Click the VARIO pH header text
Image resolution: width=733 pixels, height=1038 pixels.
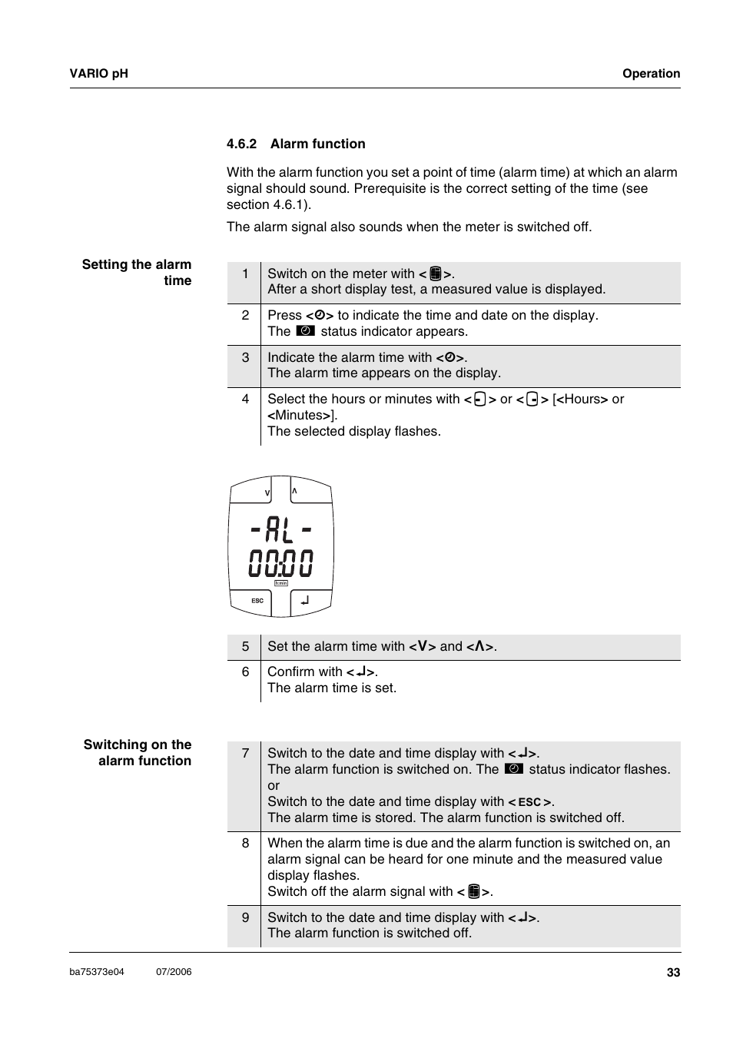98,74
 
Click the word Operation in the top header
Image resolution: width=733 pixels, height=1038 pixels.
651,74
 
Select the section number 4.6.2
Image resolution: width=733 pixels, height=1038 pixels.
241,144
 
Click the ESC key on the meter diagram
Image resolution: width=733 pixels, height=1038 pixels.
258,601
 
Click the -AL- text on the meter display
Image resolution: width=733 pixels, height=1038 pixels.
281,529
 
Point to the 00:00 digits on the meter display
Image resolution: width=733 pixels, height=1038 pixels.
281,563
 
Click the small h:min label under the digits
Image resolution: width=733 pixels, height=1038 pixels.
281,583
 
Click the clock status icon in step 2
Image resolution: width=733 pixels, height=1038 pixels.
305,331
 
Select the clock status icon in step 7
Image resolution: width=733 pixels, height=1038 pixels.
514,769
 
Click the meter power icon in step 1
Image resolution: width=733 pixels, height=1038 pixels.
436,274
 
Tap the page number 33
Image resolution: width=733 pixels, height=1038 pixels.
673,973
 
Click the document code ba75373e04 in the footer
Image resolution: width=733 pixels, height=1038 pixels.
97,972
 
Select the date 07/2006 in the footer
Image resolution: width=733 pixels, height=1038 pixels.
174,972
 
